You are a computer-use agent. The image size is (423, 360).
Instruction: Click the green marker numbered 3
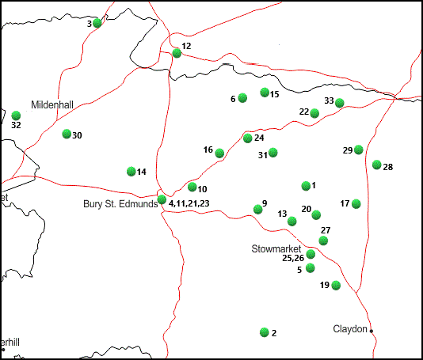97,23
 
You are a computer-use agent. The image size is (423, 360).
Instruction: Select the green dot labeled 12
177,54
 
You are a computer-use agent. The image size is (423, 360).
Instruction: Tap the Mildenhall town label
52,104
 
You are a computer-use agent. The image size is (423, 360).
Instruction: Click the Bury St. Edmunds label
120,204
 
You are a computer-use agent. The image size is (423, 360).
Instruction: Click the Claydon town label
350,328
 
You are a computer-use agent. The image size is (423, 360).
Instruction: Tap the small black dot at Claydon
372,331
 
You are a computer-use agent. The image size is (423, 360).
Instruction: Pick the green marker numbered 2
265,332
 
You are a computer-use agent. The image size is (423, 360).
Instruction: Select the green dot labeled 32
16,116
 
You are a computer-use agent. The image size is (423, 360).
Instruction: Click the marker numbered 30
67,134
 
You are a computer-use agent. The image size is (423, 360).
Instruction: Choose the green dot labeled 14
131,171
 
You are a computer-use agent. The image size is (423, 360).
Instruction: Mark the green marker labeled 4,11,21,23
162,199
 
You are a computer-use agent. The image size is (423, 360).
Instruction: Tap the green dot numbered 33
340,103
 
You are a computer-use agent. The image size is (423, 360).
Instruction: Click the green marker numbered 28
377,165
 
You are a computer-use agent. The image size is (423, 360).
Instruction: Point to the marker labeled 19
336,285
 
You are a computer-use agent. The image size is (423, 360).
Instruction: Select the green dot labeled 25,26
311,254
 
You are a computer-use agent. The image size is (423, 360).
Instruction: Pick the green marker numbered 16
219,153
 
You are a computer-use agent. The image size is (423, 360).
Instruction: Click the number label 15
275,94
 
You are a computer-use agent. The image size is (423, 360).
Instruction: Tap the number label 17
345,203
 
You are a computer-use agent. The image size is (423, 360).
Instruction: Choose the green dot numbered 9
257,209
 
